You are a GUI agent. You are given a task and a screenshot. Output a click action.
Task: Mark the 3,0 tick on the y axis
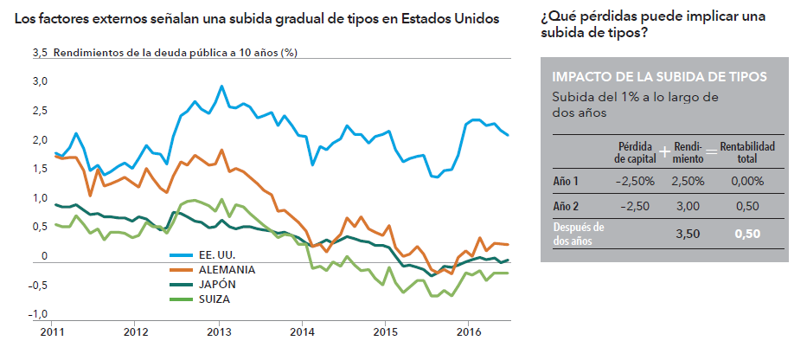[40, 82]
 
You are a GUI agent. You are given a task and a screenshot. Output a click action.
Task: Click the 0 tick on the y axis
[44, 257]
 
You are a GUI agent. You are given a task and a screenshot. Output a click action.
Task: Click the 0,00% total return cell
[746, 181]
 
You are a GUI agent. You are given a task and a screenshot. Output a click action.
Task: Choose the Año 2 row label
[566, 206]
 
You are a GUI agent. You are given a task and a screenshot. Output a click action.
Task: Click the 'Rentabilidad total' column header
[747, 152]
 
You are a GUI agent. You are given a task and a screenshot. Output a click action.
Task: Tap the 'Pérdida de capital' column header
[633, 152]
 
